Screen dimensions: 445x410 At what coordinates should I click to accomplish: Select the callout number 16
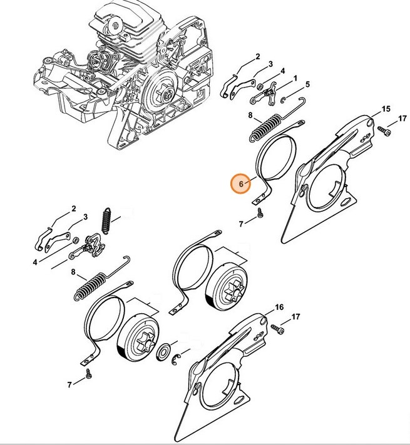point(279,307)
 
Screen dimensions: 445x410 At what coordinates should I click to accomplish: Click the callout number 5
point(307,84)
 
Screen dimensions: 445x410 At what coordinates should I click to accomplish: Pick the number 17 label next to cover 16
point(295,318)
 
